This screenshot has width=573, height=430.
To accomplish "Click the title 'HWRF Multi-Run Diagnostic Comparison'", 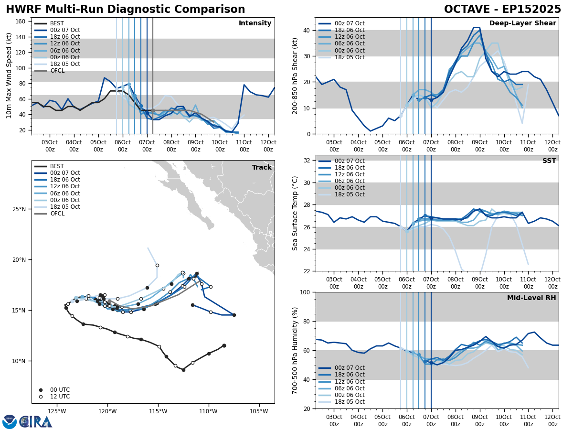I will (125, 10).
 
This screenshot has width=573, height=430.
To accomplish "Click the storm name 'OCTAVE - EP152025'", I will (502, 10).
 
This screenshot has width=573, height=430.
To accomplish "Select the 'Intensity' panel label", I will (255, 23).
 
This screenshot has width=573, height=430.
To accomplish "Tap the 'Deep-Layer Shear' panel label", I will (522, 23).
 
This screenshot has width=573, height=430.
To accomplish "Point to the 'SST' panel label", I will (549, 161).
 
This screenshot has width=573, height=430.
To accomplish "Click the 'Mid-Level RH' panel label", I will (531, 298).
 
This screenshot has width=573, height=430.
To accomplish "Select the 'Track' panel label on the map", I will (262, 168).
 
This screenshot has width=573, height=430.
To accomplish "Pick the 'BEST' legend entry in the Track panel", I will (57, 166).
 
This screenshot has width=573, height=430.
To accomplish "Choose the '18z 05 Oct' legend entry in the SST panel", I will (349, 194).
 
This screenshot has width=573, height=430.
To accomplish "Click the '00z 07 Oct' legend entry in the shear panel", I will (349, 23).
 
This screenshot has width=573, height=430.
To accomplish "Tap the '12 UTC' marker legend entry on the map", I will (59, 397).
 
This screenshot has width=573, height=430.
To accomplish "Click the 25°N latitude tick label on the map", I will (20, 209).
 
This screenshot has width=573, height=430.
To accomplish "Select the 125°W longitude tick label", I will (57, 411).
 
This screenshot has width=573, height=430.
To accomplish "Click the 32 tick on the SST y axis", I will (308, 161).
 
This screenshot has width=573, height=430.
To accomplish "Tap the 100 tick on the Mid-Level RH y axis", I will (306, 292).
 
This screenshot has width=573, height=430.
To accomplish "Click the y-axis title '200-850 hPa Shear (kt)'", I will (295, 75).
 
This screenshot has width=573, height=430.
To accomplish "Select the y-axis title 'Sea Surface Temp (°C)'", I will (295, 213).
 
